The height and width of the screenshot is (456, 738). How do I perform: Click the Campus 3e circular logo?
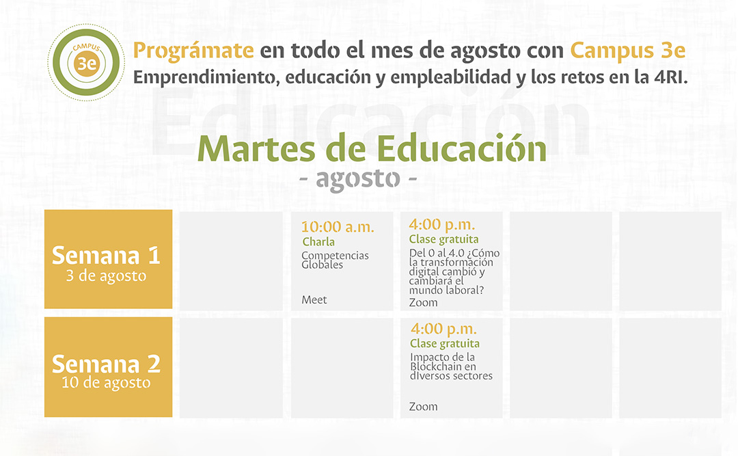point(86,62)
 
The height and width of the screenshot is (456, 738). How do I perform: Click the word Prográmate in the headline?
point(193,51)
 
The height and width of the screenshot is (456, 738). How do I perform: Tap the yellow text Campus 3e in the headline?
point(628,51)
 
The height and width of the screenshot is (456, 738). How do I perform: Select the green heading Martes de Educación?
point(372,149)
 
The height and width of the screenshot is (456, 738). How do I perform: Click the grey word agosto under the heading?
point(358,179)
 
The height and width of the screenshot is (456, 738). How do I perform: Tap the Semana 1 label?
point(107,256)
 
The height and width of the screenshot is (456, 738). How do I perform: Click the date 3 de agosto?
point(106,276)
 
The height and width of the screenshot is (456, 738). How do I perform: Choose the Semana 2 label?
point(107,364)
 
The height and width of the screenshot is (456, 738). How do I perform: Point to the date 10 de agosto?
point(106,383)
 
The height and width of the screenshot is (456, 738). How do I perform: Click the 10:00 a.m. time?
point(338,227)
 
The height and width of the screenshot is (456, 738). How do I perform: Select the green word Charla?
point(318,242)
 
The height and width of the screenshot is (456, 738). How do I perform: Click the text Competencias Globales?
point(335,260)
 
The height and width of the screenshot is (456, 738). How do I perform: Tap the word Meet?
point(314,300)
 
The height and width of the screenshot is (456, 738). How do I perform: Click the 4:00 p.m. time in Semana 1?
point(442,225)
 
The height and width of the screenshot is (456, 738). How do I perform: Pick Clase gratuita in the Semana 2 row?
point(445,344)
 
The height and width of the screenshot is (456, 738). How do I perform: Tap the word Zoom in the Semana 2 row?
point(423,407)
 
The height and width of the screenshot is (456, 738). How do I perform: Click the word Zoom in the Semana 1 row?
point(423,303)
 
